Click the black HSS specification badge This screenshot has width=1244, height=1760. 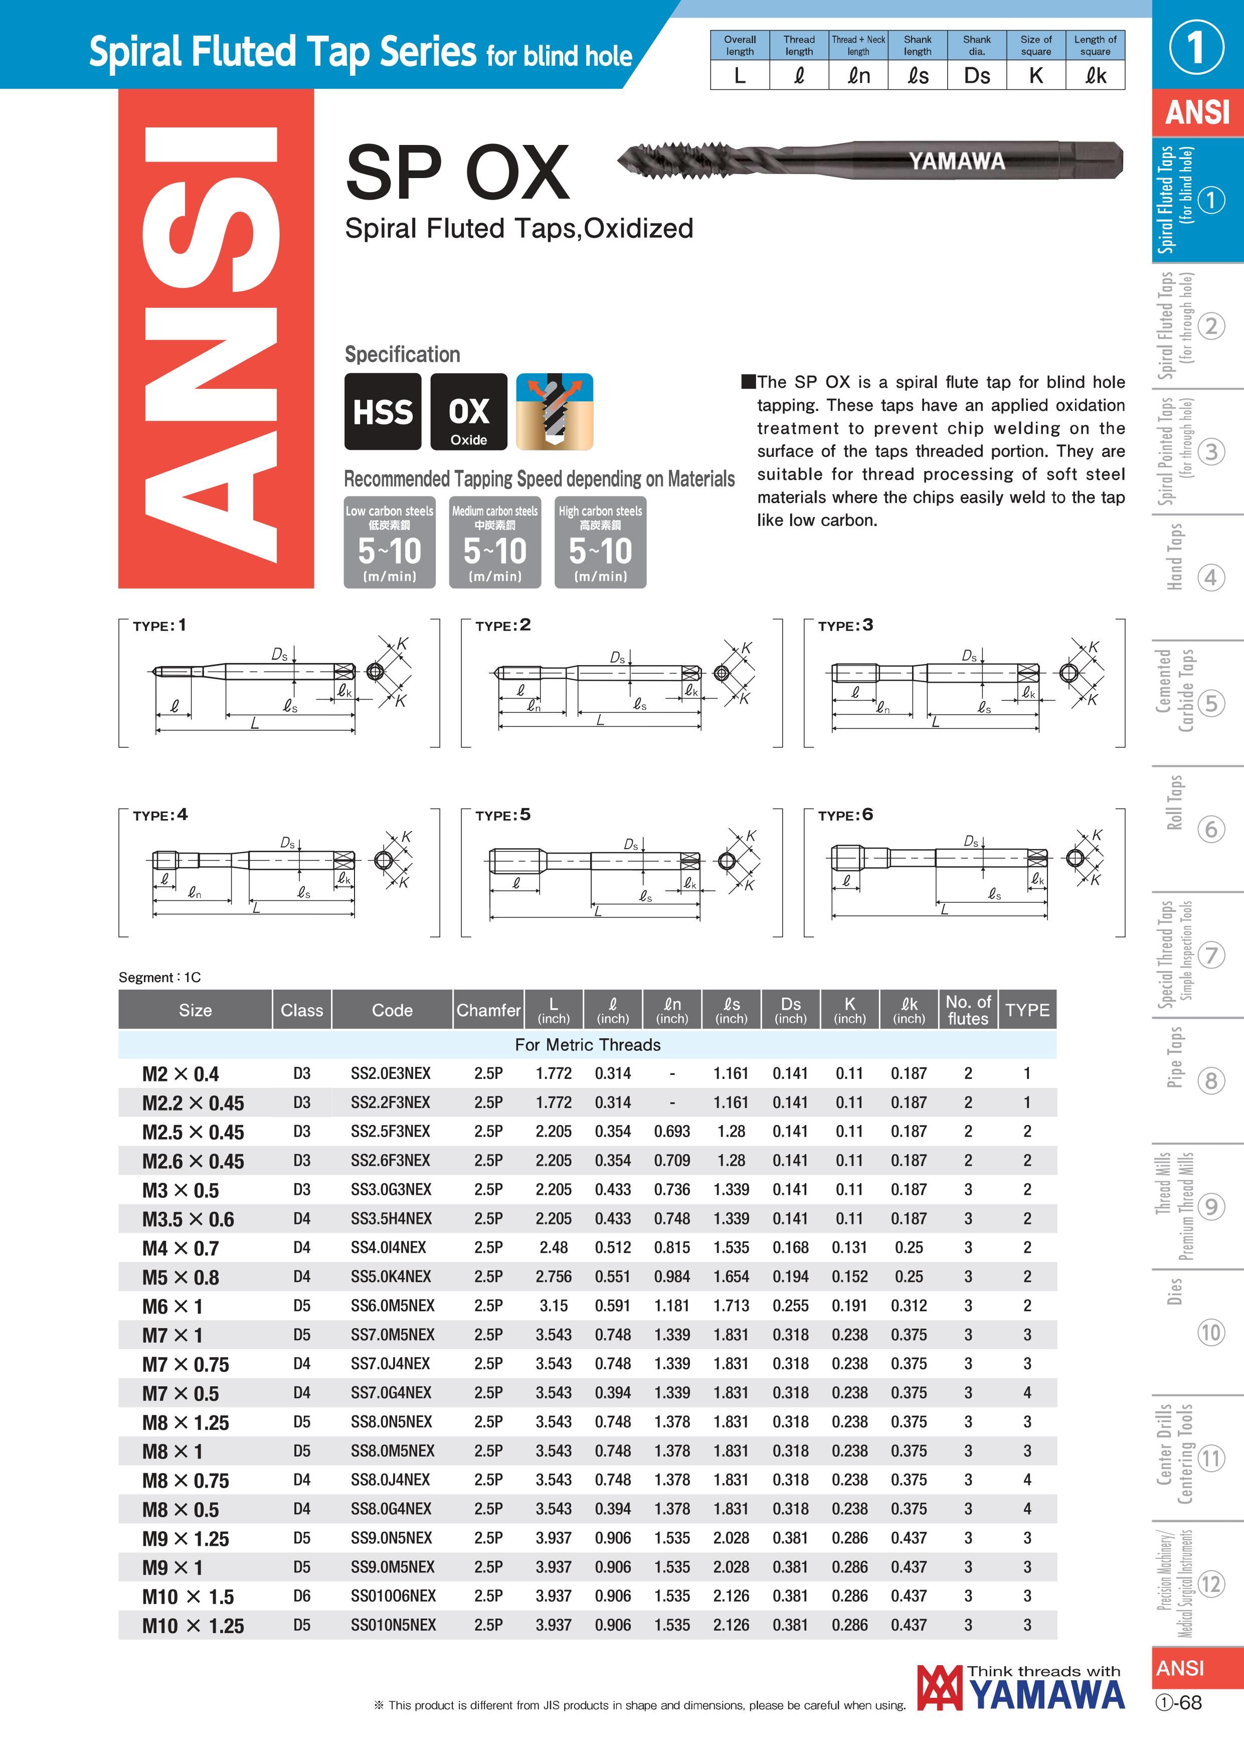383,412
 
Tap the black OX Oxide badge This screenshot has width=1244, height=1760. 468,412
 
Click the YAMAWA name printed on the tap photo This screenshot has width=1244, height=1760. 957,161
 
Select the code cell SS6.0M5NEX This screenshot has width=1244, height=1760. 393,1306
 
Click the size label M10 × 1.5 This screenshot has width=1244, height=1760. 188,1596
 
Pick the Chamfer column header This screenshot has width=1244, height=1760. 488,1010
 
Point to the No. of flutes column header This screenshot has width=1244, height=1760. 968,1010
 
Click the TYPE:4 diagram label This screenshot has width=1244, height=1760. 160,815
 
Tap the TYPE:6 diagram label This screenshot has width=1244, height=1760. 845,815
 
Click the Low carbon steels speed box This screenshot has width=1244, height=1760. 390,543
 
